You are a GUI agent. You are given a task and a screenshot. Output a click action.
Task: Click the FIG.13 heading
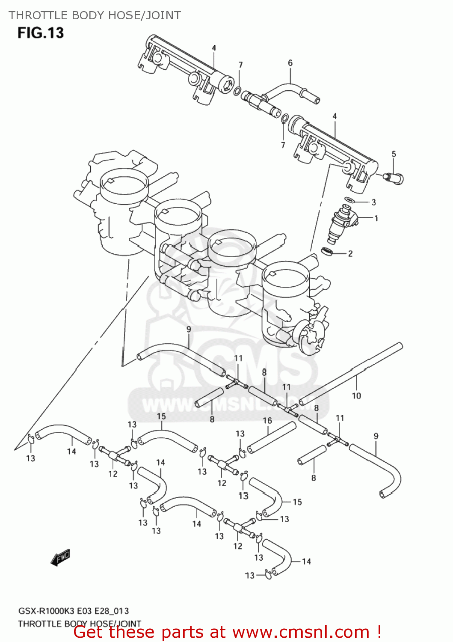pyautogui.click(x=40, y=33)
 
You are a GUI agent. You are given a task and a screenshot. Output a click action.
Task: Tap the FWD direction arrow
pyautogui.click(x=60, y=558)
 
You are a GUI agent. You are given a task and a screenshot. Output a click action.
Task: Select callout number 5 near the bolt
pyautogui.click(x=394, y=154)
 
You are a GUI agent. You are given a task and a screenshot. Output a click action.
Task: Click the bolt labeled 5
pyautogui.click(x=394, y=177)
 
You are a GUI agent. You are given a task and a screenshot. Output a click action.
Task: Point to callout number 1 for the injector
pyautogui.click(x=376, y=218)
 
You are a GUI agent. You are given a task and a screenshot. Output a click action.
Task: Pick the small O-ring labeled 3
pyautogui.click(x=349, y=200)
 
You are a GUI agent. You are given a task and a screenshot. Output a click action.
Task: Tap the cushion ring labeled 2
pyautogui.click(x=327, y=251)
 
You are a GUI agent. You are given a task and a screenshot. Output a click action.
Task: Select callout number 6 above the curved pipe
pyautogui.click(x=290, y=63)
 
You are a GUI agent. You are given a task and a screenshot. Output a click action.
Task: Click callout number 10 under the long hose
pyautogui.click(x=356, y=396)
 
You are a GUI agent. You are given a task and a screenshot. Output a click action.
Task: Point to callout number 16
pyautogui.click(x=267, y=420)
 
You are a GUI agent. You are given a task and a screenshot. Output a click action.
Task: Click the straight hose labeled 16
pyautogui.click(x=272, y=438)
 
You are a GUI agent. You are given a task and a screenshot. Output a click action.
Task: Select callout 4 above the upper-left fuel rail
pyautogui.click(x=214, y=48)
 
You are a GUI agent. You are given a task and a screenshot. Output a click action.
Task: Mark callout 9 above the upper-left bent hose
pyautogui.click(x=189, y=329)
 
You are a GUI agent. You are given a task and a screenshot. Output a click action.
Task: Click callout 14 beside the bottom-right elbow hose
pyautogui.click(x=306, y=562)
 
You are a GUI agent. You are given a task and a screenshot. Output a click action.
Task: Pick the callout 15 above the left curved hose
pyautogui.click(x=161, y=416)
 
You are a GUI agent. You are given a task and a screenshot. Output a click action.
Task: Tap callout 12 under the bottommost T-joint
pyautogui.click(x=238, y=546)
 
